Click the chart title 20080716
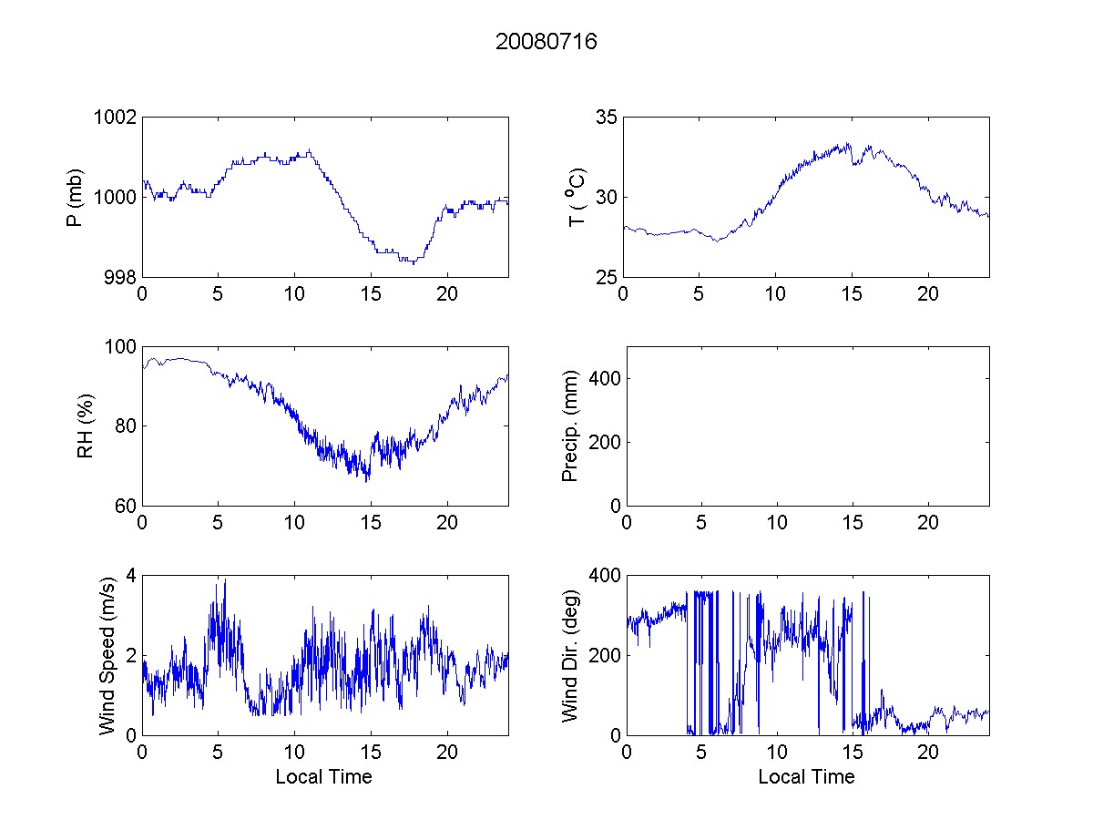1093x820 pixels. coord(546,42)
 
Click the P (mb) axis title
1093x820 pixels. coord(76,197)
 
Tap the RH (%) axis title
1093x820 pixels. coord(87,426)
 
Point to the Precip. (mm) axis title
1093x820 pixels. coord(571,426)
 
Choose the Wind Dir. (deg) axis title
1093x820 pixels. coord(571,655)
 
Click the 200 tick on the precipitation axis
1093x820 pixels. coord(602,442)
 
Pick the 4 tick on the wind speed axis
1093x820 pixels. coord(131,575)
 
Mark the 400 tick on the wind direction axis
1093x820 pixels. coord(602,575)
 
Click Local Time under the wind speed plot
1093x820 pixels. coord(323,777)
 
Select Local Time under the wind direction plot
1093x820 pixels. coord(806,777)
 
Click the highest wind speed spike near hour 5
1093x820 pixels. coord(224,579)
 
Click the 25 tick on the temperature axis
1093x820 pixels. coord(606,277)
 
